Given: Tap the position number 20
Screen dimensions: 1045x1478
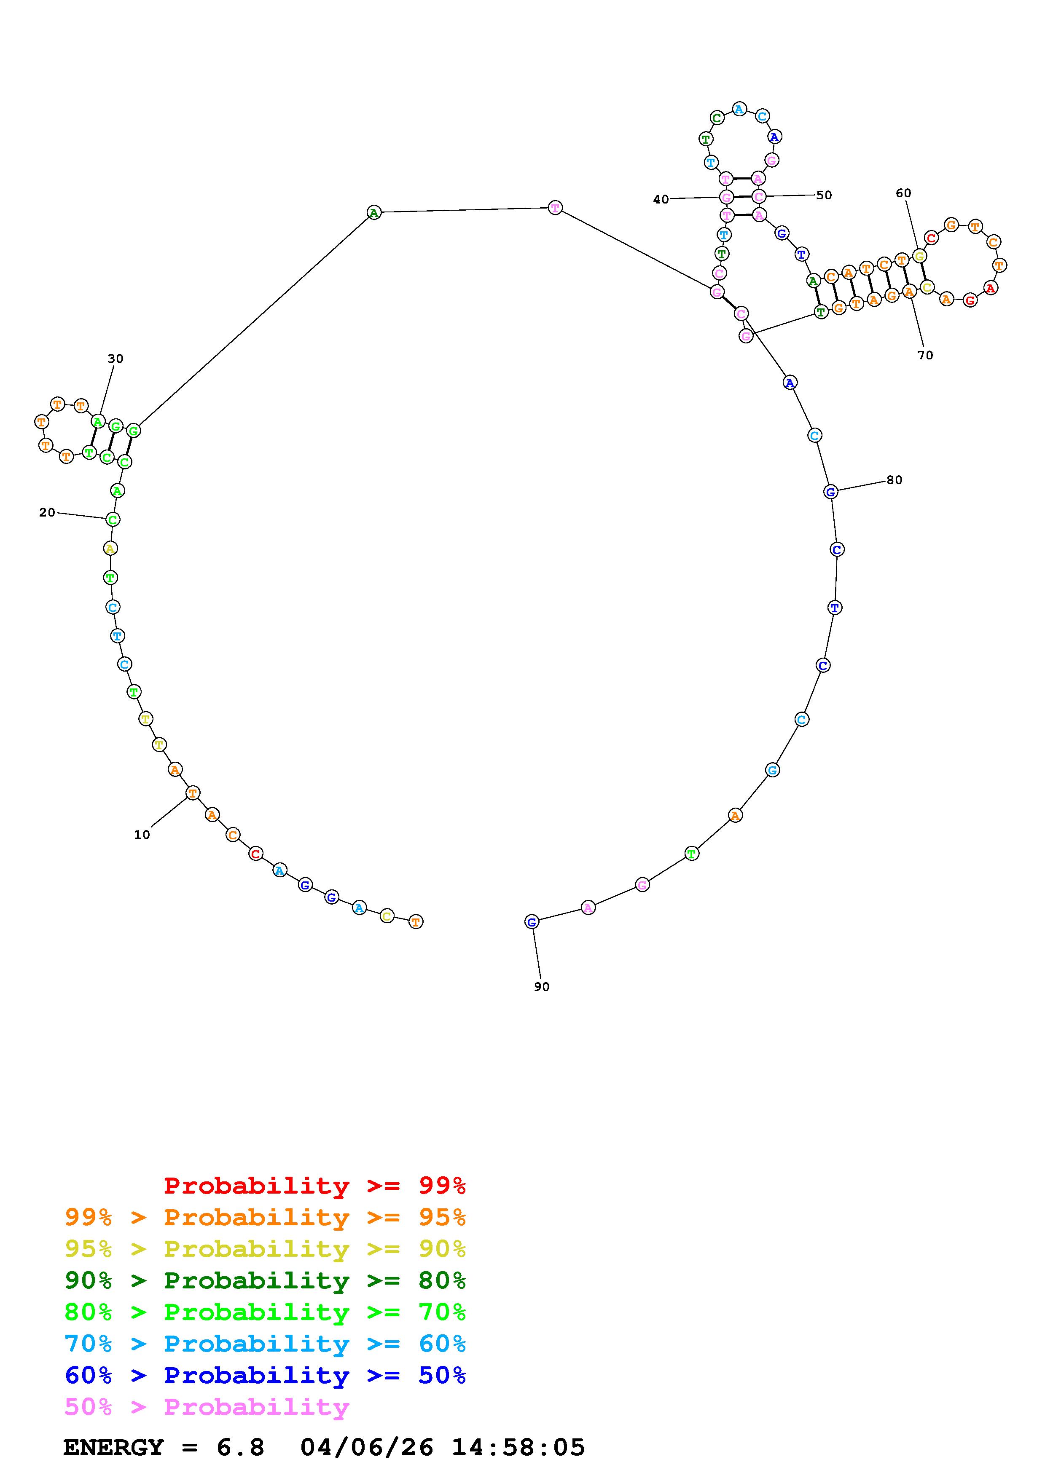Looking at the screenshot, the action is pyautogui.click(x=47, y=512).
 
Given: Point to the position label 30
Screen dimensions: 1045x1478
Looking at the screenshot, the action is pyautogui.click(x=115, y=359).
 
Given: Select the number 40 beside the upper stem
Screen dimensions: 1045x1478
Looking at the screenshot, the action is pyautogui.click(x=661, y=200).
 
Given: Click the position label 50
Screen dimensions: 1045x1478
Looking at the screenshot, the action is pyautogui.click(x=824, y=195).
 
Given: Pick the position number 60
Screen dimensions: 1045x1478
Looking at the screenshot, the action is pyautogui.click(x=903, y=193).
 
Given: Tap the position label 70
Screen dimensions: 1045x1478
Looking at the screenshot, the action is pyautogui.click(x=925, y=355).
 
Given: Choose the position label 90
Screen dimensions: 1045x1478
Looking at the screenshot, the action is pyautogui.click(x=542, y=987).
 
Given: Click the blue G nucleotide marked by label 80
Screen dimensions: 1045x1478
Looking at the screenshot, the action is pyautogui.click(x=830, y=492).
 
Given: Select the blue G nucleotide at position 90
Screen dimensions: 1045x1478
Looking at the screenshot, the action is pyautogui.click(x=531, y=922).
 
